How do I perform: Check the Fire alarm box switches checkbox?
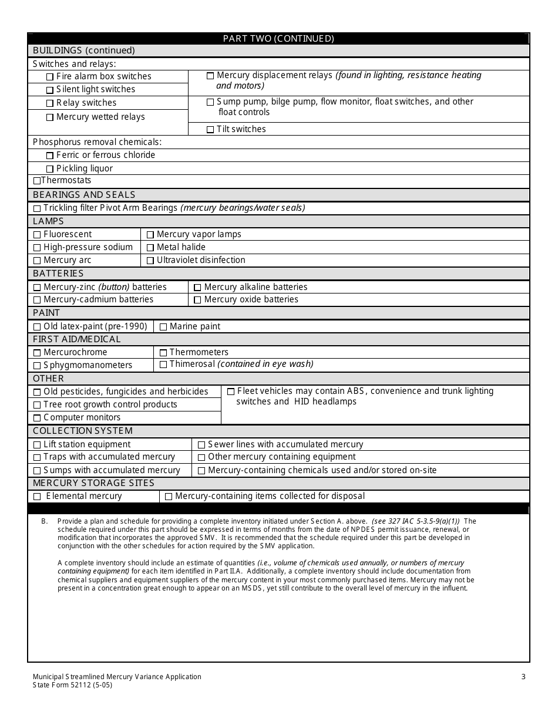click(50, 77)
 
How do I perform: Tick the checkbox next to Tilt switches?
click(210, 130)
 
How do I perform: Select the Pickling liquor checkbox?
click(50, 169)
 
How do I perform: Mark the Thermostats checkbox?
click(37, 181)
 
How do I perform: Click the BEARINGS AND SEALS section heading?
click(84, 195)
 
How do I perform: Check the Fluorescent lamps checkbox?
click(37, 235)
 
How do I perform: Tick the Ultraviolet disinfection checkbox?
click(150, 261)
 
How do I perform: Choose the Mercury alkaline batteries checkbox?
click(197, 288)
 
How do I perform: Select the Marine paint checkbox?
click(163, 327)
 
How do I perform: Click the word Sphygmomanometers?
click(88, 365)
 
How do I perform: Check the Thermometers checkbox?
click(163, 353)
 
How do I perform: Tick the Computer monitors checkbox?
click(37, 418)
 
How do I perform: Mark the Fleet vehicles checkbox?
click(231, 392)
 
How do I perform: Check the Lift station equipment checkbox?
click(37, 445)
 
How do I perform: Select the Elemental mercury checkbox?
click(37, 497)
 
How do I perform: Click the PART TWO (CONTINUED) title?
click(278, 39)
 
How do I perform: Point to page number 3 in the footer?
click(523, 677)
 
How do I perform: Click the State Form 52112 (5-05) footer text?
click(72, 685)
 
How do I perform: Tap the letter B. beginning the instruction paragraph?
click(44, 521)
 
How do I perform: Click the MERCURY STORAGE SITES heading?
click(93, 483)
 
